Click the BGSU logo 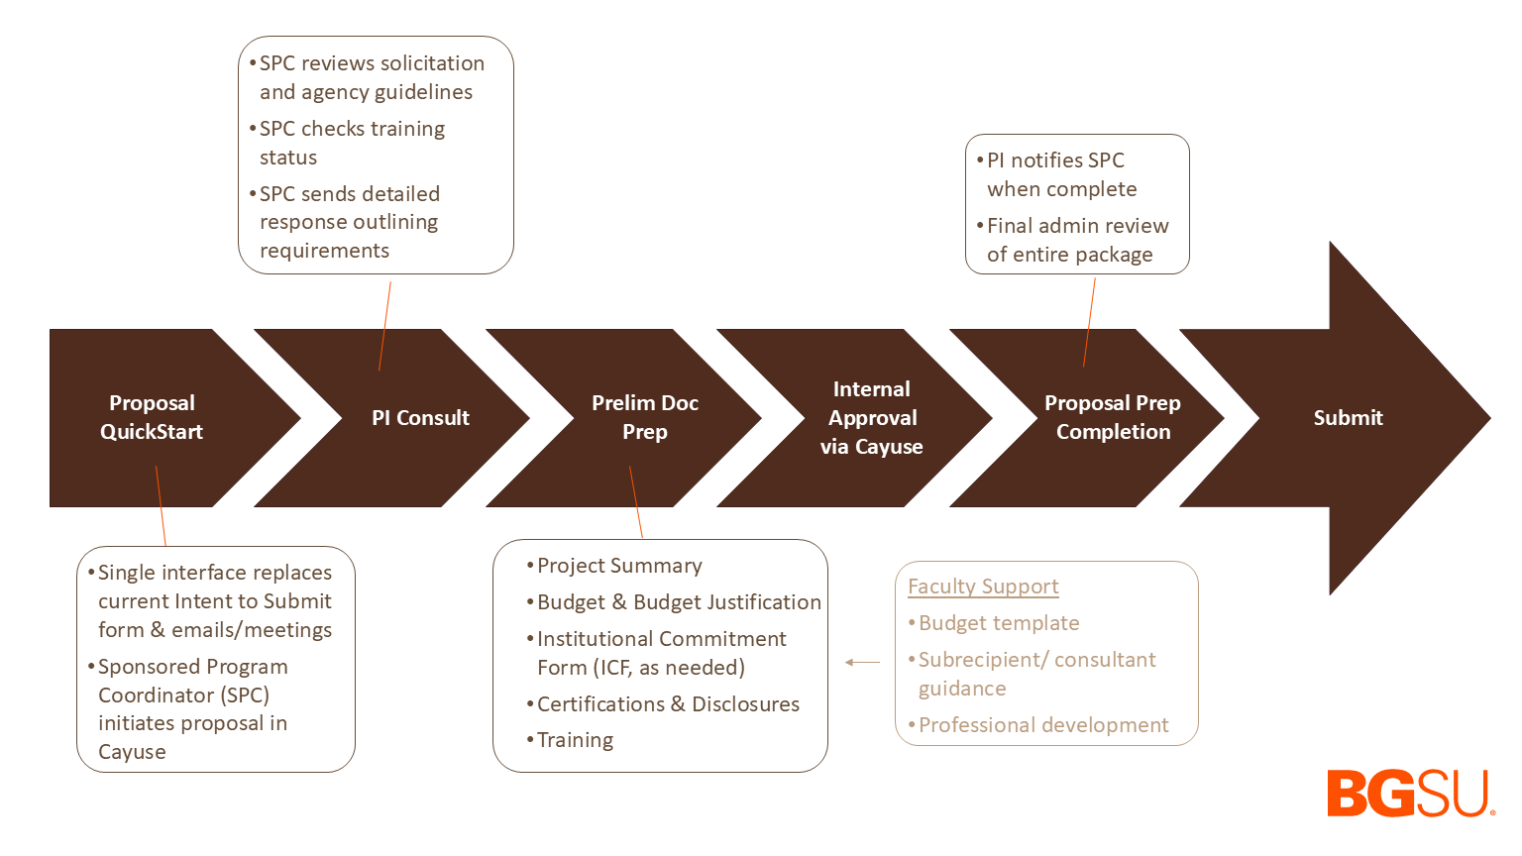1410,793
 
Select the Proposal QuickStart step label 152,417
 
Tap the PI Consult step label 420,418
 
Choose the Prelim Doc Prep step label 644,417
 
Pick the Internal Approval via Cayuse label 872,418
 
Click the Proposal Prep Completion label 1113,417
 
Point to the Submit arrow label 1348,418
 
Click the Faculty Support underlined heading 983,587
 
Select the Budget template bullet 999,623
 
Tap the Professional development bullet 1043,725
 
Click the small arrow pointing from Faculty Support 862,662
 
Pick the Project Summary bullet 619,566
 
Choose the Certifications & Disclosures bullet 668,704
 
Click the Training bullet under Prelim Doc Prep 575,740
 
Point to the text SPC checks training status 351,143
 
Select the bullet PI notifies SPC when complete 1060,174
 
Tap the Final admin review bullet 1076,240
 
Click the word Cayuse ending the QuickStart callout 132,752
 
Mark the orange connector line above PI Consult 385,326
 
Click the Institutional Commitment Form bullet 660,653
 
